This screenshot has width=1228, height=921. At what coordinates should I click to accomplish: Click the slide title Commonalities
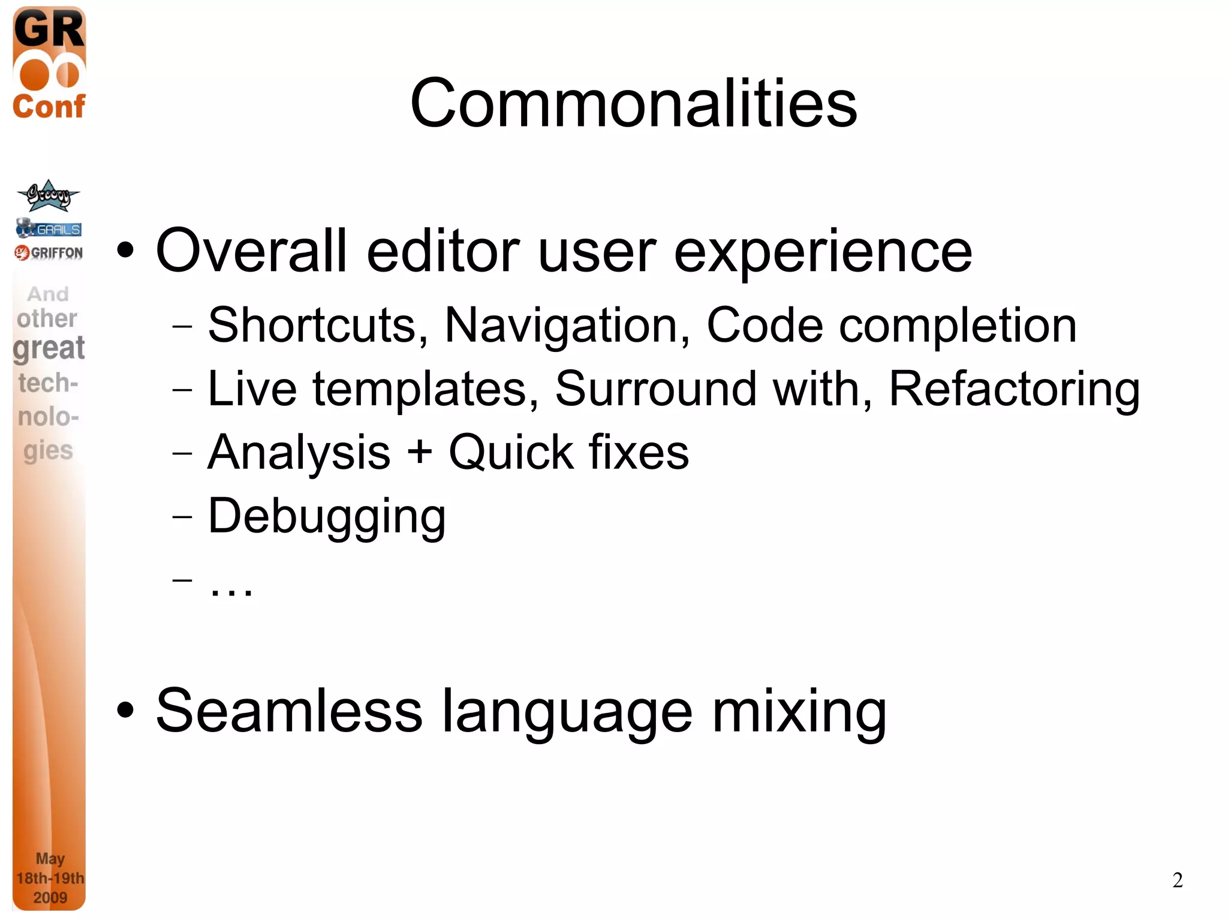click(633, 104)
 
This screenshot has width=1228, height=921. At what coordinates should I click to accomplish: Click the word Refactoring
click(1014, 389)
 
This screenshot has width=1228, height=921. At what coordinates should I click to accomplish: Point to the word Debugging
click(327, 516)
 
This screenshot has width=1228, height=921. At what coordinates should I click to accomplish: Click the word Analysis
click(299, 452)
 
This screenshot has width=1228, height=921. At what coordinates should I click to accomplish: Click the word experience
click(823, 252)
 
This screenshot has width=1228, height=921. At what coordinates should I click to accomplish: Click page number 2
click(1177, 880)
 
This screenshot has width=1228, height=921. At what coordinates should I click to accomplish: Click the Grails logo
click(49, 228)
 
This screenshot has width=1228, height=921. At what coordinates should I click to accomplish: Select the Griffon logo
click(49, 252)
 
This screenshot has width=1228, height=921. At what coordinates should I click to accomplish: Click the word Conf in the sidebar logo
click(49, 107)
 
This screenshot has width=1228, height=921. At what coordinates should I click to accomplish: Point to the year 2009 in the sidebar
click(50, 898)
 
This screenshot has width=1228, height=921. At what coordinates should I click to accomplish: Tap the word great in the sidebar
click(49, 348)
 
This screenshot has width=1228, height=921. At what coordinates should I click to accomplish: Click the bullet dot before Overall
click(125, 251)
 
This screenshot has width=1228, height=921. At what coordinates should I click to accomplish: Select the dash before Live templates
click(182, 390)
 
